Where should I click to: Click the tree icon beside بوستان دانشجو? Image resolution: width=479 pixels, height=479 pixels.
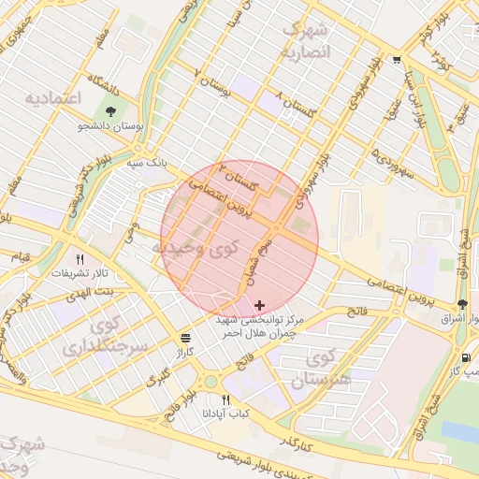pyautogui.click(x=111, y=112)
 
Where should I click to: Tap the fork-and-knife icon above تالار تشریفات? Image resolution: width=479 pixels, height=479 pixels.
pyautogui.click(x=80, y=259)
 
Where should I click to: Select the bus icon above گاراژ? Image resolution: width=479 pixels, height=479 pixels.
pyautogui.click(x=185, y=338)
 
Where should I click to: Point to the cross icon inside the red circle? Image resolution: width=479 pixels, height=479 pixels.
pyautogui.click(x=259, y=305)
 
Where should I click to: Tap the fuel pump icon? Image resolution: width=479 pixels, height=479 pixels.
pyautogui.click(x=466, y=357)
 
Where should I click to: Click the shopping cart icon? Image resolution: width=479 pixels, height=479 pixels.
pyautogui.click(x=398, y=60)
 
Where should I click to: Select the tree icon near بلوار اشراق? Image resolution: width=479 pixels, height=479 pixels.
pyautogui.click(x=462, y=304)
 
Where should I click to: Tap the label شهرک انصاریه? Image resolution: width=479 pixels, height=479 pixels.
pyautogui.click(x=307, y=40)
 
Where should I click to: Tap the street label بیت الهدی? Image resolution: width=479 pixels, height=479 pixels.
pyautogui.click(x=92, y=293)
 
